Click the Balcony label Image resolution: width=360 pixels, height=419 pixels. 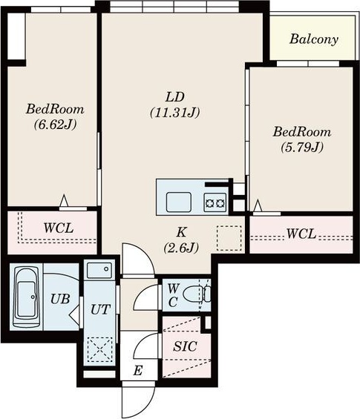314,39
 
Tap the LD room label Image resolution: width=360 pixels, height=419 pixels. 175,97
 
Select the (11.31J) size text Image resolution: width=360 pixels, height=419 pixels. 175,113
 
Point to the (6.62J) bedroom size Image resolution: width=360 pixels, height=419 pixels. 55,125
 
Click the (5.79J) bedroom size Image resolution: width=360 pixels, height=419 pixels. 302,148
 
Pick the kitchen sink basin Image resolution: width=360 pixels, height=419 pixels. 179,202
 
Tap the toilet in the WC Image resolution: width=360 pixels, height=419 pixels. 197,294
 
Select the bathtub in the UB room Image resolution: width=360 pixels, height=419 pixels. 26,296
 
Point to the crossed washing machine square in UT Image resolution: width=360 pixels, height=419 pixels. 99,349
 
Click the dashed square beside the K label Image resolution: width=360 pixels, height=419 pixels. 229,238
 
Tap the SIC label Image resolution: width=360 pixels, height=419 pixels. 185,346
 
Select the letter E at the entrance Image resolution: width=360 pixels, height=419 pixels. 138,371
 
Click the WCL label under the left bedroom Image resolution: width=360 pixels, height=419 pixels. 59,228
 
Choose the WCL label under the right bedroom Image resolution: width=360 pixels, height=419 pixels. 301,234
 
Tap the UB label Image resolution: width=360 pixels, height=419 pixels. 60,298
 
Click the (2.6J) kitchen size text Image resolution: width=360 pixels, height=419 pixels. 181,248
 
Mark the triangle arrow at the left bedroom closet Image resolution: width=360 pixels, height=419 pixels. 64,200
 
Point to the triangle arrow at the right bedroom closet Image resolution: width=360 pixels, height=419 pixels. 258,205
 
